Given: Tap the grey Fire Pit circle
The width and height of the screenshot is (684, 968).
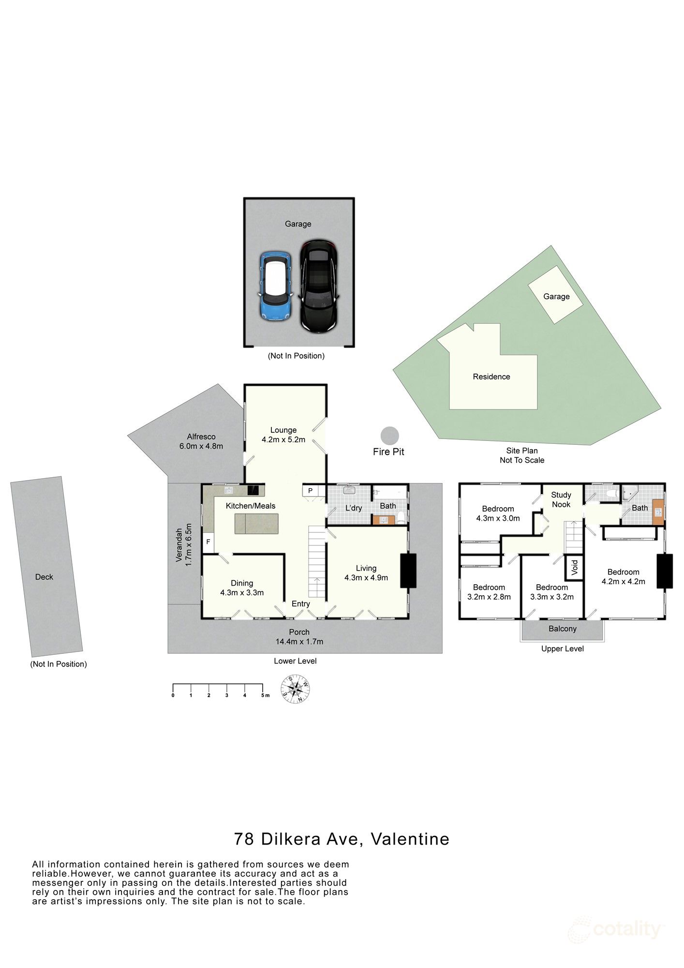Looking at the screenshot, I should pos(389,436).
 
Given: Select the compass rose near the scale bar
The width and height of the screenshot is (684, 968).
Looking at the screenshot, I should pos(296,689).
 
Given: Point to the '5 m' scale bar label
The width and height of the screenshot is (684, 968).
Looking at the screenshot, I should pos(265,696).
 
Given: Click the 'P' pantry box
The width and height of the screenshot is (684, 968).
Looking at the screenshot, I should pos(310,491).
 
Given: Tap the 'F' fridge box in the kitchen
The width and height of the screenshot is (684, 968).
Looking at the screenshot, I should pos(208,542).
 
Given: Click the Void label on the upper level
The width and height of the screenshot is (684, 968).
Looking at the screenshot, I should pos(575,567).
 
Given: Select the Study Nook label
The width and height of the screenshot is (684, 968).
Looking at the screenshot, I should pos(561,499).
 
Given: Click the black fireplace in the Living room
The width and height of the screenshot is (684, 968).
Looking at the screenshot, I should pos(408,571).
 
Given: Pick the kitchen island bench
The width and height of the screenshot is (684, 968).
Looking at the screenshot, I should pos(257,524).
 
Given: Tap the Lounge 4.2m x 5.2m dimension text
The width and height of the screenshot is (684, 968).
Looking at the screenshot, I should pos(283,440).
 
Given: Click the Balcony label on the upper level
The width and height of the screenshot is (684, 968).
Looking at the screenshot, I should pos(563,629).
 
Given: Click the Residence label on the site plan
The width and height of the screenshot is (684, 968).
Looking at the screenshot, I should pos(491,377).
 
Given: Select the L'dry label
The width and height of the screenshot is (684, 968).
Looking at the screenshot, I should pos(354,508).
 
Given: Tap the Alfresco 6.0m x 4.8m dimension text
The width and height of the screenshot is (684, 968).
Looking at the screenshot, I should pos(201,446).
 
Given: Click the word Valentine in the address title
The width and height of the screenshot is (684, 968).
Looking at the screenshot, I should pos(410,839).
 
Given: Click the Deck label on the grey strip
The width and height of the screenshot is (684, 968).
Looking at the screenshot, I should pos(44,577).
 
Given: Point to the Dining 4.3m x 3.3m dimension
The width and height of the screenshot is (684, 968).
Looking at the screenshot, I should pos(242,592).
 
